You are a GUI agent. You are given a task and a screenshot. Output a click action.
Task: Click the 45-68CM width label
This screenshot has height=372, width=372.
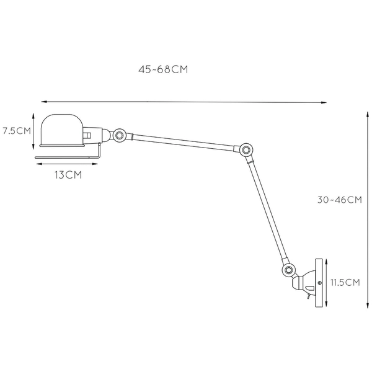163,70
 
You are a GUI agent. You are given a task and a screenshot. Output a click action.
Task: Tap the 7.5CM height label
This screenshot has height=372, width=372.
16,131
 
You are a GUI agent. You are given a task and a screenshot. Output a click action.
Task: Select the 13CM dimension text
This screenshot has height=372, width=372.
68,175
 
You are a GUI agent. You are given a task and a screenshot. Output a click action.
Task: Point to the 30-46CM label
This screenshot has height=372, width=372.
339,200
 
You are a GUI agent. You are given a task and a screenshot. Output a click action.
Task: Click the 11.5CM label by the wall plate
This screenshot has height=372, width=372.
345,283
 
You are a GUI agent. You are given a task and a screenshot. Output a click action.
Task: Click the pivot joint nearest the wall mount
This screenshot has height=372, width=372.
287,271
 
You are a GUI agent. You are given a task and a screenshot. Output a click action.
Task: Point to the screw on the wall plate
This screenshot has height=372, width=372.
319,284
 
